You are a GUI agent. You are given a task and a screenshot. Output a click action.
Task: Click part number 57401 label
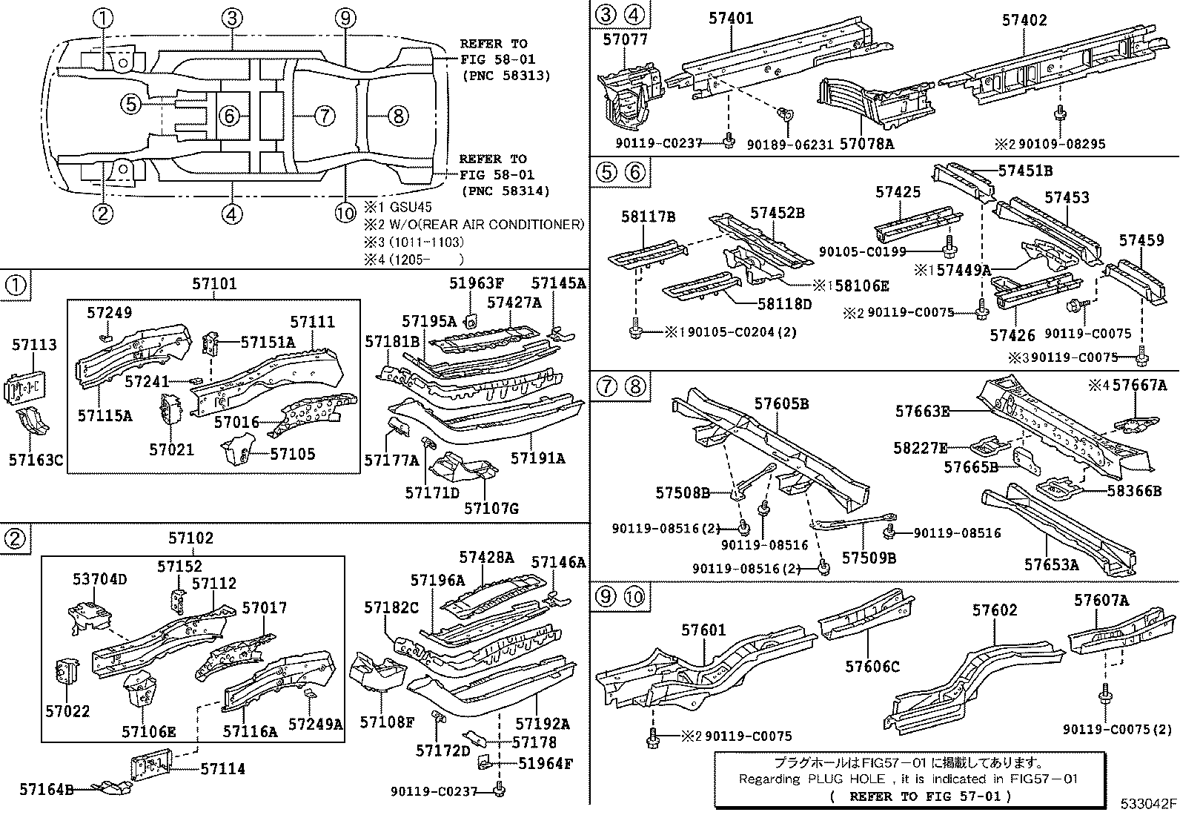pos(731,17)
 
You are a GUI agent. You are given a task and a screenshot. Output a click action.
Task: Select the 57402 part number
pos(1024,20)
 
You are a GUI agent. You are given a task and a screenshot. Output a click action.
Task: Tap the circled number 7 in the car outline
pos(324,116)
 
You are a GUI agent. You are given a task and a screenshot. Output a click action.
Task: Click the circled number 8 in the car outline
pos(397,116)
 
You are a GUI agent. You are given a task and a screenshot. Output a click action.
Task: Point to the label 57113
pos(34,345)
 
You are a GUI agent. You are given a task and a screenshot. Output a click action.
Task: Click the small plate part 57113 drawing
pos(25,387)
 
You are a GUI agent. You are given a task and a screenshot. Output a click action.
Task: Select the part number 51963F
pos(477,283)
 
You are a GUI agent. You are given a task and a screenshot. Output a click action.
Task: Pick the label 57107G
pos(491,508)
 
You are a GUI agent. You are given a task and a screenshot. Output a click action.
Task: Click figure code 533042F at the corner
pos(1148,804)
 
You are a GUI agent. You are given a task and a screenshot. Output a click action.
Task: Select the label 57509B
pos(869,557)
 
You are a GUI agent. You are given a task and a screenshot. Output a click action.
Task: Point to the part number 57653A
pos(1052,564)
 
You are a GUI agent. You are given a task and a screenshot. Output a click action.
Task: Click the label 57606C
pos(872,666)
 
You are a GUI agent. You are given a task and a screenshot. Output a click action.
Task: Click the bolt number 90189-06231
pos(789,144)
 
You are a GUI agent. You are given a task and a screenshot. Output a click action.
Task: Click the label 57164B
pos(46,790)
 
